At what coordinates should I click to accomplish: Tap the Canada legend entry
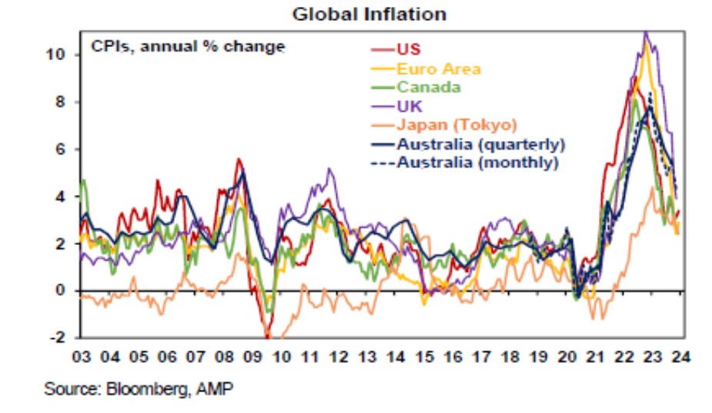tap(429, 87)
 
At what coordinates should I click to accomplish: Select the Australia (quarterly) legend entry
tap(480, 144)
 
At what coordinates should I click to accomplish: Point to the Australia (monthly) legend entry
tap(477, 163)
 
